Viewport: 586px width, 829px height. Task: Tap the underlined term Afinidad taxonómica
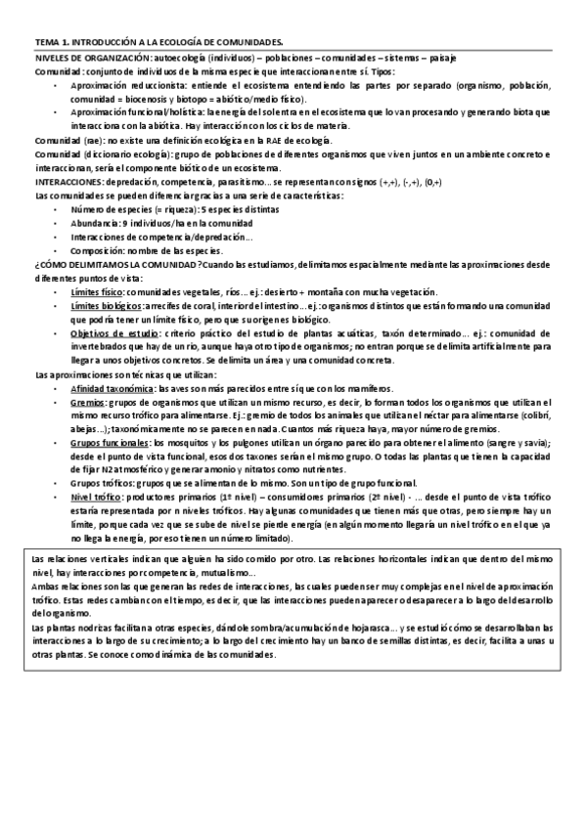[113, 388]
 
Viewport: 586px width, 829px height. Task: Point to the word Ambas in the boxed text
[45, 585]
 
